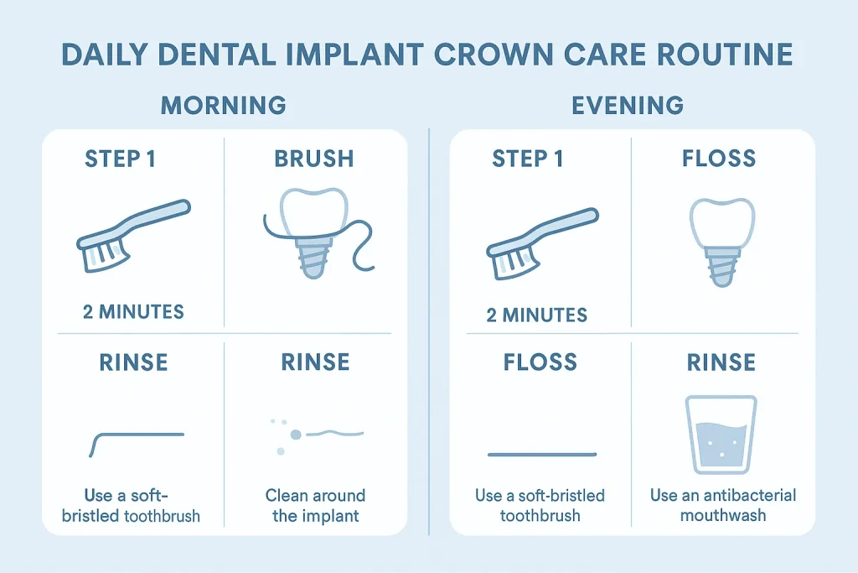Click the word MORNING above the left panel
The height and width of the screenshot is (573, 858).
click(223, 106)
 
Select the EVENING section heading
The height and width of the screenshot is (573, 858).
click(628, 106)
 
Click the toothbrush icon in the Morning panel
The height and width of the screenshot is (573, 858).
click(134, 236)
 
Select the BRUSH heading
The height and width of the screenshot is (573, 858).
click(313, 159)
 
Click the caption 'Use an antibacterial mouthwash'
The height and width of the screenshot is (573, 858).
click(723, 505)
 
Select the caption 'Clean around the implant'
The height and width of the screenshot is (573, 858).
click(315, 505)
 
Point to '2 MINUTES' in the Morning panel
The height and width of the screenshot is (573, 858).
click(134, 312)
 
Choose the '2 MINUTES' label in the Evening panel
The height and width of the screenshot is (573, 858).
click(537, 315)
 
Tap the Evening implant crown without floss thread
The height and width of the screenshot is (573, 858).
click(716, 238)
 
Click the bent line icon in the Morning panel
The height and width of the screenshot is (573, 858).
click(135, 440)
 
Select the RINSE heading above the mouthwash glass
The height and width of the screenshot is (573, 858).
click(721, 362)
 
